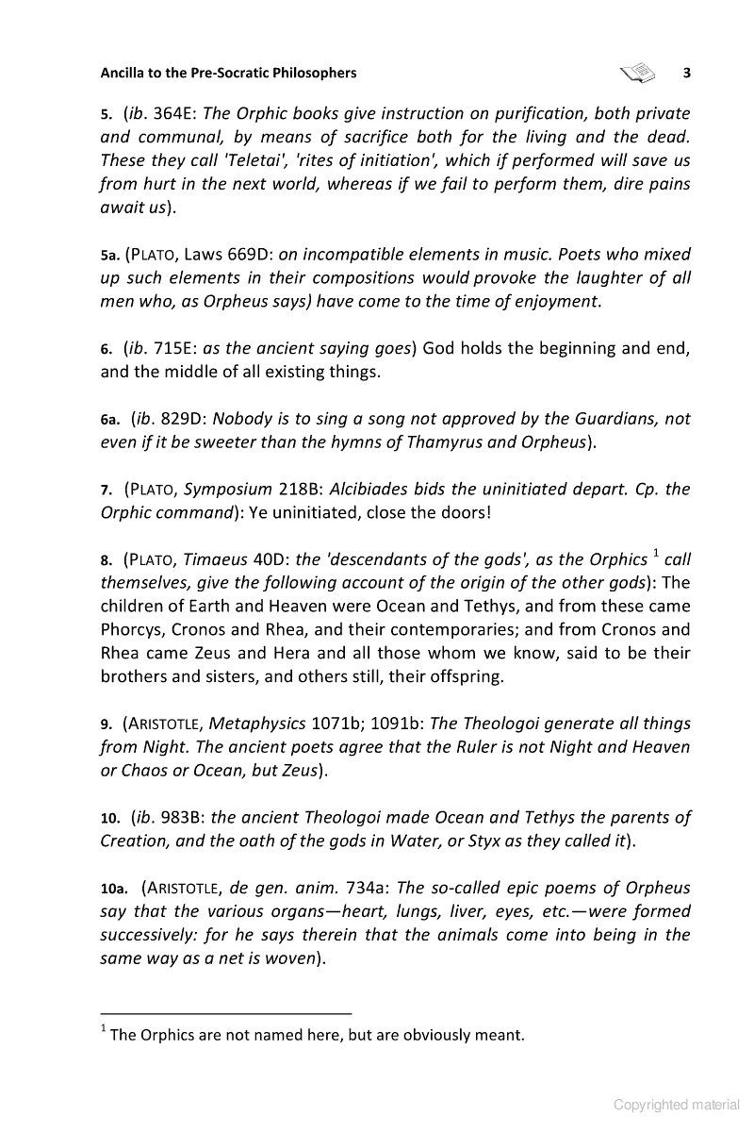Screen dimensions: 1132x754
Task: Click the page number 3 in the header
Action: [687, 73]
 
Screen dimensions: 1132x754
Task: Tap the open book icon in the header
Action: [637, 72]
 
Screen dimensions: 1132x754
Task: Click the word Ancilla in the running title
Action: [126, 73]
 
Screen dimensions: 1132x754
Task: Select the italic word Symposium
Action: [227, 490]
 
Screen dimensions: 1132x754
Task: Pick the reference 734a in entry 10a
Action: [369, 888]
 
